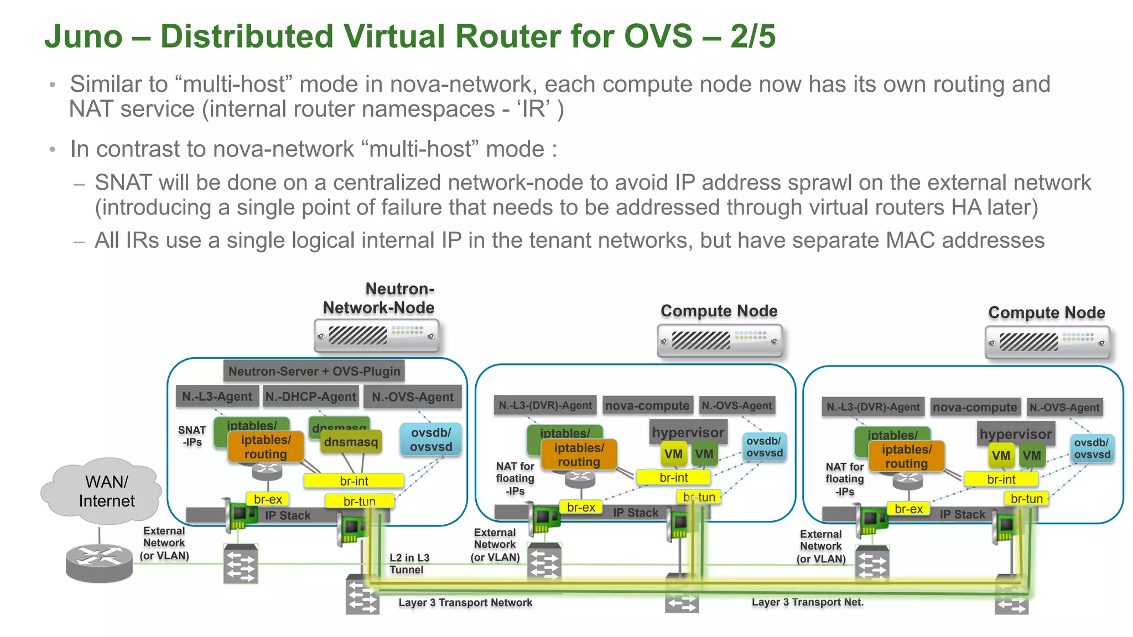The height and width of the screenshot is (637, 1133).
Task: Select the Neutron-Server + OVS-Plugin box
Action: tap(314, 371)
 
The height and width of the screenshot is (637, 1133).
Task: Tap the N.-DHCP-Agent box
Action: tap(310, 396)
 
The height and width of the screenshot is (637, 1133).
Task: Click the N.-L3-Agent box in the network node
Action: tap(217, 396)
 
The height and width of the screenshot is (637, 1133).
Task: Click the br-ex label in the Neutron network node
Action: tap(268, 499)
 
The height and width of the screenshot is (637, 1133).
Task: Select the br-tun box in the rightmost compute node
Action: tap(1026, 499)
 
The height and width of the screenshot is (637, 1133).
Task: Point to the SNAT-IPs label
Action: tap(192, 436)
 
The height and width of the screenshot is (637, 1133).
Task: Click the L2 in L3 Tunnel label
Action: tap(409, 563)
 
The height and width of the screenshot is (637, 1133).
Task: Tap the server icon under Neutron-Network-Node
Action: tap(376, 336)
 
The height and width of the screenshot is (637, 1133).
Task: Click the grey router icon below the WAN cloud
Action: tap(99, 562)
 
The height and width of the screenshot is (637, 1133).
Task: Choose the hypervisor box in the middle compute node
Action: tap(688, 432)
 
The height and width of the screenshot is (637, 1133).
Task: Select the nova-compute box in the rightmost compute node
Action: tap(975, 408)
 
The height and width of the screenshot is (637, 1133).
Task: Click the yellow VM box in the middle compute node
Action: tap(673, 455)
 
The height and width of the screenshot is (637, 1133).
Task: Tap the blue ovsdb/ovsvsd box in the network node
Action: tap(431, 440)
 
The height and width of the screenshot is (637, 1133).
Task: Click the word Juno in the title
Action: tap(84, 36)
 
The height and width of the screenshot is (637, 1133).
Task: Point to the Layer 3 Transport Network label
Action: tap(465, 603)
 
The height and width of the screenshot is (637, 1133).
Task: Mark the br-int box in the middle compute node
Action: tap(673, 477)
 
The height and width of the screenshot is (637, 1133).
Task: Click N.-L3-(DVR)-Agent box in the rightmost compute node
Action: tap(873, 408)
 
